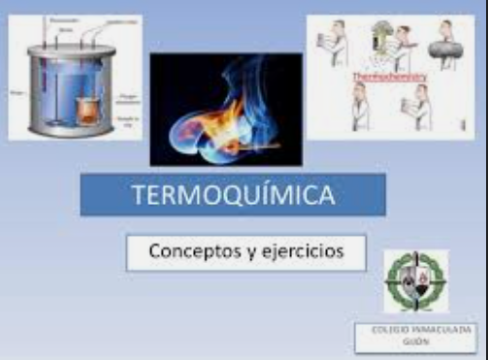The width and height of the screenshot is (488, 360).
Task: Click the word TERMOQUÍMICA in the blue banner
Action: click(233, 194)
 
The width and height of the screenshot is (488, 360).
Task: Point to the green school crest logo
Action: click(415, 281)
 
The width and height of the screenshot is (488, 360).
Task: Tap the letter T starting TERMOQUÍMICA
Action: click(137, 194)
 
